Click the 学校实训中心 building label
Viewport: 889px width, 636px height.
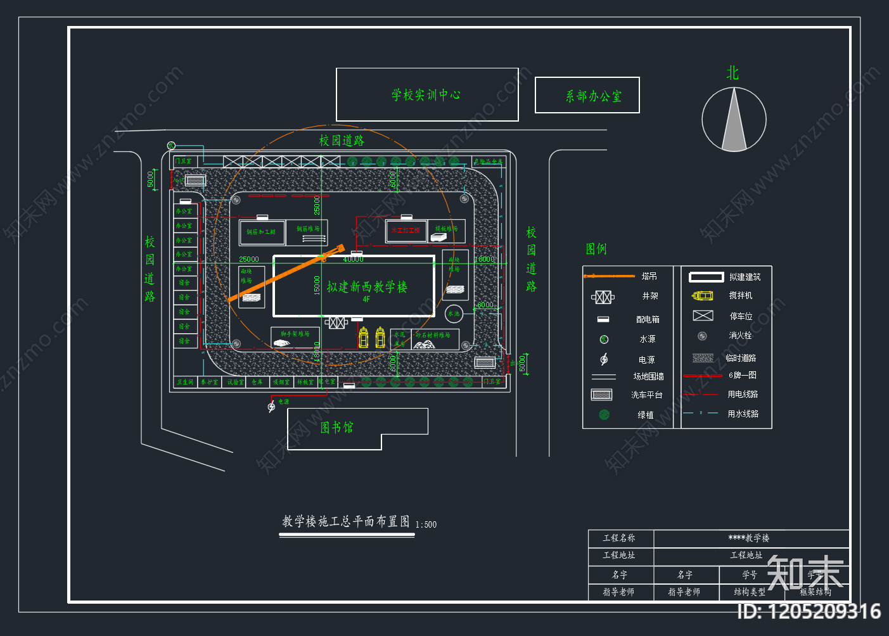pyautogui.click(x=426, y=95)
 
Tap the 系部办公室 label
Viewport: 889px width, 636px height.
pyautogui.click(x=593, y=96)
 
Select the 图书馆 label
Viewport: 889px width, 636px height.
pyautogui.click(x=336, y=428)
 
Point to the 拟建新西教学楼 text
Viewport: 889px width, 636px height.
pyautogui.click(x=367, y=287)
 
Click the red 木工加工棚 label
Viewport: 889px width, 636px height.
pyautogui.click(x=406, y=231)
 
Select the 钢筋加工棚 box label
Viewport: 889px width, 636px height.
pyautogui.click(x=261, y=232)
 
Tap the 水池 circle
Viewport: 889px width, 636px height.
pyautogui.click(x=454, y=314)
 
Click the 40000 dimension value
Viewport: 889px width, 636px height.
pyautogui.click(x=353, y=259)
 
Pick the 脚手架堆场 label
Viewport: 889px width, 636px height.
pyautogui.click(x=295, y=334)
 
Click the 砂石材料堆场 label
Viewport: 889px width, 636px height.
pyautogui.click(x=433, y=335)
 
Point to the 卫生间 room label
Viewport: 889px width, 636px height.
pyautogui.click(x=185, y=382)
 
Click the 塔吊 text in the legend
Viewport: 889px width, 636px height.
pyautogui.click(x=649, y=276)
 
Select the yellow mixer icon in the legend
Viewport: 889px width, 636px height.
pyautogui.click(x=702, y=296)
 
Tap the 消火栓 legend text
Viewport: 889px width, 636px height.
pyautogui.click(x=740, y=336)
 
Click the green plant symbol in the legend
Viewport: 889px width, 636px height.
pyautogui.click(x=604, y=414)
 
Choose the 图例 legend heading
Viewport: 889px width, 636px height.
pyautogui.click(x=596, y=249)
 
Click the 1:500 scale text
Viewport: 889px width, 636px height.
pyautogui.click(x=426, y=525)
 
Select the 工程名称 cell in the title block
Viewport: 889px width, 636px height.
pyautogui.click(x=619, y=538)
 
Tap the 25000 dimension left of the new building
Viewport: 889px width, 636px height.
pyautogui.click(x=249, y=259)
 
